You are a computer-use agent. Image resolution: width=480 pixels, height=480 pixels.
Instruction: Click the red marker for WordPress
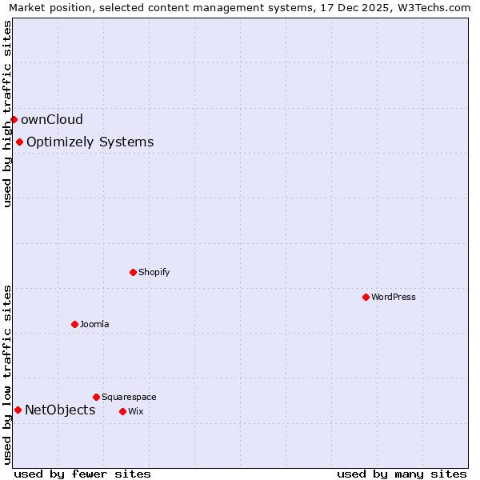(x=366, y=297)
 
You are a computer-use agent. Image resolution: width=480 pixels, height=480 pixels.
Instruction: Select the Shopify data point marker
(x=133, y=272)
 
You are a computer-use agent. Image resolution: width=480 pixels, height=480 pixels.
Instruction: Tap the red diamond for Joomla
(x=74, y=324)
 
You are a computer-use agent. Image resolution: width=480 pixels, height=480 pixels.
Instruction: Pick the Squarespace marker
(x=96, y=397)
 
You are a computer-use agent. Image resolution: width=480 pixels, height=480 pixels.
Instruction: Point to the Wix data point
(x=122, y=411)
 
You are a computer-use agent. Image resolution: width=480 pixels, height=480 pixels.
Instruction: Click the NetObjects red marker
(x=18, y=410)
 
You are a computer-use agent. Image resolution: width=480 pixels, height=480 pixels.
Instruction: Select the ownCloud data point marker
(x=14, y=120)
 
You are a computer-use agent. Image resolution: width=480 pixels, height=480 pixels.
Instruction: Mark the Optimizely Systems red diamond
(x=19, y=142)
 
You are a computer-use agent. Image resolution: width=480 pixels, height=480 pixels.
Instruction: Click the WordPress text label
(x=394, y=297)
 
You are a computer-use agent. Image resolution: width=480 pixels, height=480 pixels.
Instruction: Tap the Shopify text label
(x=154, y=272)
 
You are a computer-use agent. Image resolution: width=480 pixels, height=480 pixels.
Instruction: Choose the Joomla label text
(x=94, y=324)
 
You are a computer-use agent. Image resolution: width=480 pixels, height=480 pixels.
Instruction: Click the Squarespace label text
(x=129, y=397)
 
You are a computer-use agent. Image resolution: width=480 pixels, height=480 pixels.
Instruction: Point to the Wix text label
(x=135, y=411)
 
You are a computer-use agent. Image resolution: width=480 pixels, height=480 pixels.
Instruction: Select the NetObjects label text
(x=60, y=410)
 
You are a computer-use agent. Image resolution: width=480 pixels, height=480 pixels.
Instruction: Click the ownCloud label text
(x=52, y=120)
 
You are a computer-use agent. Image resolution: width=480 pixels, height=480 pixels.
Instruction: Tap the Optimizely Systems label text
(x=90, y=142)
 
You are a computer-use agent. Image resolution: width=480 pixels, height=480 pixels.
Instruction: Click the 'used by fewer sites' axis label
(x=82, y=474)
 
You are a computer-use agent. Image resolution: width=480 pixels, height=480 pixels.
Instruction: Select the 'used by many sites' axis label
(x=402, y=474)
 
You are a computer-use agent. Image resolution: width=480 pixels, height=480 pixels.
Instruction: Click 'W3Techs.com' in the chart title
(x=435, y=8)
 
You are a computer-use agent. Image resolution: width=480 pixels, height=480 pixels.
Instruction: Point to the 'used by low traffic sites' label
(x=8, y=374)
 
